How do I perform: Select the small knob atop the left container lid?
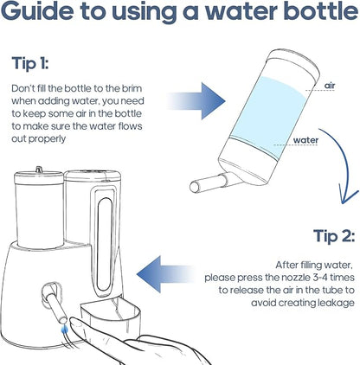(x=37, y=170)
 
